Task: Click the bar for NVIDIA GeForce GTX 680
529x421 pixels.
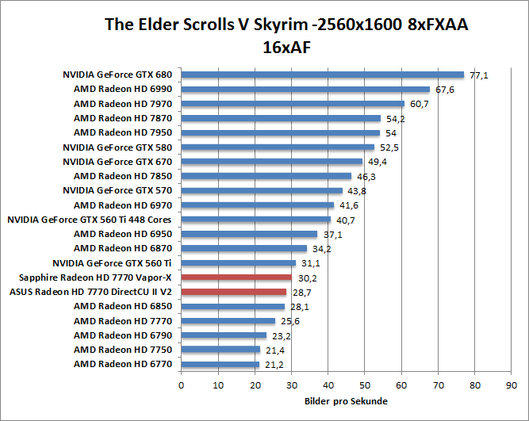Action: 322,75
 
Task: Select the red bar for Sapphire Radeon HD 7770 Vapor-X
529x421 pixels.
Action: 236,277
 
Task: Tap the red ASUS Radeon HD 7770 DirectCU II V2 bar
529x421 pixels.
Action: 233,292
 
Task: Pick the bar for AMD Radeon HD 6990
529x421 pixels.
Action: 305,90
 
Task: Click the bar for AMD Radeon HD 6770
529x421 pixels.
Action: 220,365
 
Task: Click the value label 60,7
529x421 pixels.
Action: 419,105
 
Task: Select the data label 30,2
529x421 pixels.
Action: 307,278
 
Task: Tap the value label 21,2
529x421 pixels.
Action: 274,366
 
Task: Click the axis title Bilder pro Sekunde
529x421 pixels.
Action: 346,401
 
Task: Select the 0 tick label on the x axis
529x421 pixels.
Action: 182,385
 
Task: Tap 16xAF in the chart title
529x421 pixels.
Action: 286,46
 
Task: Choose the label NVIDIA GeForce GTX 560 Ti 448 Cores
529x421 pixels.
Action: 90,220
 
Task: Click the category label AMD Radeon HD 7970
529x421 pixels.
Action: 122,104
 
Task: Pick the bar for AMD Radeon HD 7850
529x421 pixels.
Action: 266,176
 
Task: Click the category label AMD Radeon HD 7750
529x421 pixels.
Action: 122,350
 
